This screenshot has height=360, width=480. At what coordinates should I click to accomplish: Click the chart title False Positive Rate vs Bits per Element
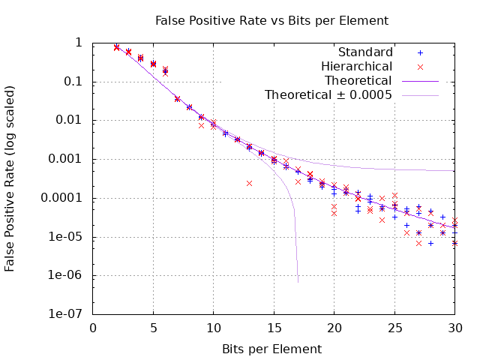271,20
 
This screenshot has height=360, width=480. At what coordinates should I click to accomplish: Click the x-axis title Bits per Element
271,349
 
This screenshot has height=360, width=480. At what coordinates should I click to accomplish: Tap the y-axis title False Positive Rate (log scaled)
10,178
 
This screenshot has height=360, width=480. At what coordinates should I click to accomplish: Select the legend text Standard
365,52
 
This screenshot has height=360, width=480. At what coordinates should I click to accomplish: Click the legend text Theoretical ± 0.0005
328,95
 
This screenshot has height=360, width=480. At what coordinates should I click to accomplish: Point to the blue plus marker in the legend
420,52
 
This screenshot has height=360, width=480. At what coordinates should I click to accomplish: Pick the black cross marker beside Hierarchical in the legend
420,67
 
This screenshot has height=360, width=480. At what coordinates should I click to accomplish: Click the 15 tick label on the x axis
274,328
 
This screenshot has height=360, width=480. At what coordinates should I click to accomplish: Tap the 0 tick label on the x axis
93,328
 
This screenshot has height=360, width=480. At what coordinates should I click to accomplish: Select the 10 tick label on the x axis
213,328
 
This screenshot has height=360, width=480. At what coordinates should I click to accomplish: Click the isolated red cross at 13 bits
249,183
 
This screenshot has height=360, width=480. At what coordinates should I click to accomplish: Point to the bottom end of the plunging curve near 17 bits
298,282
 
